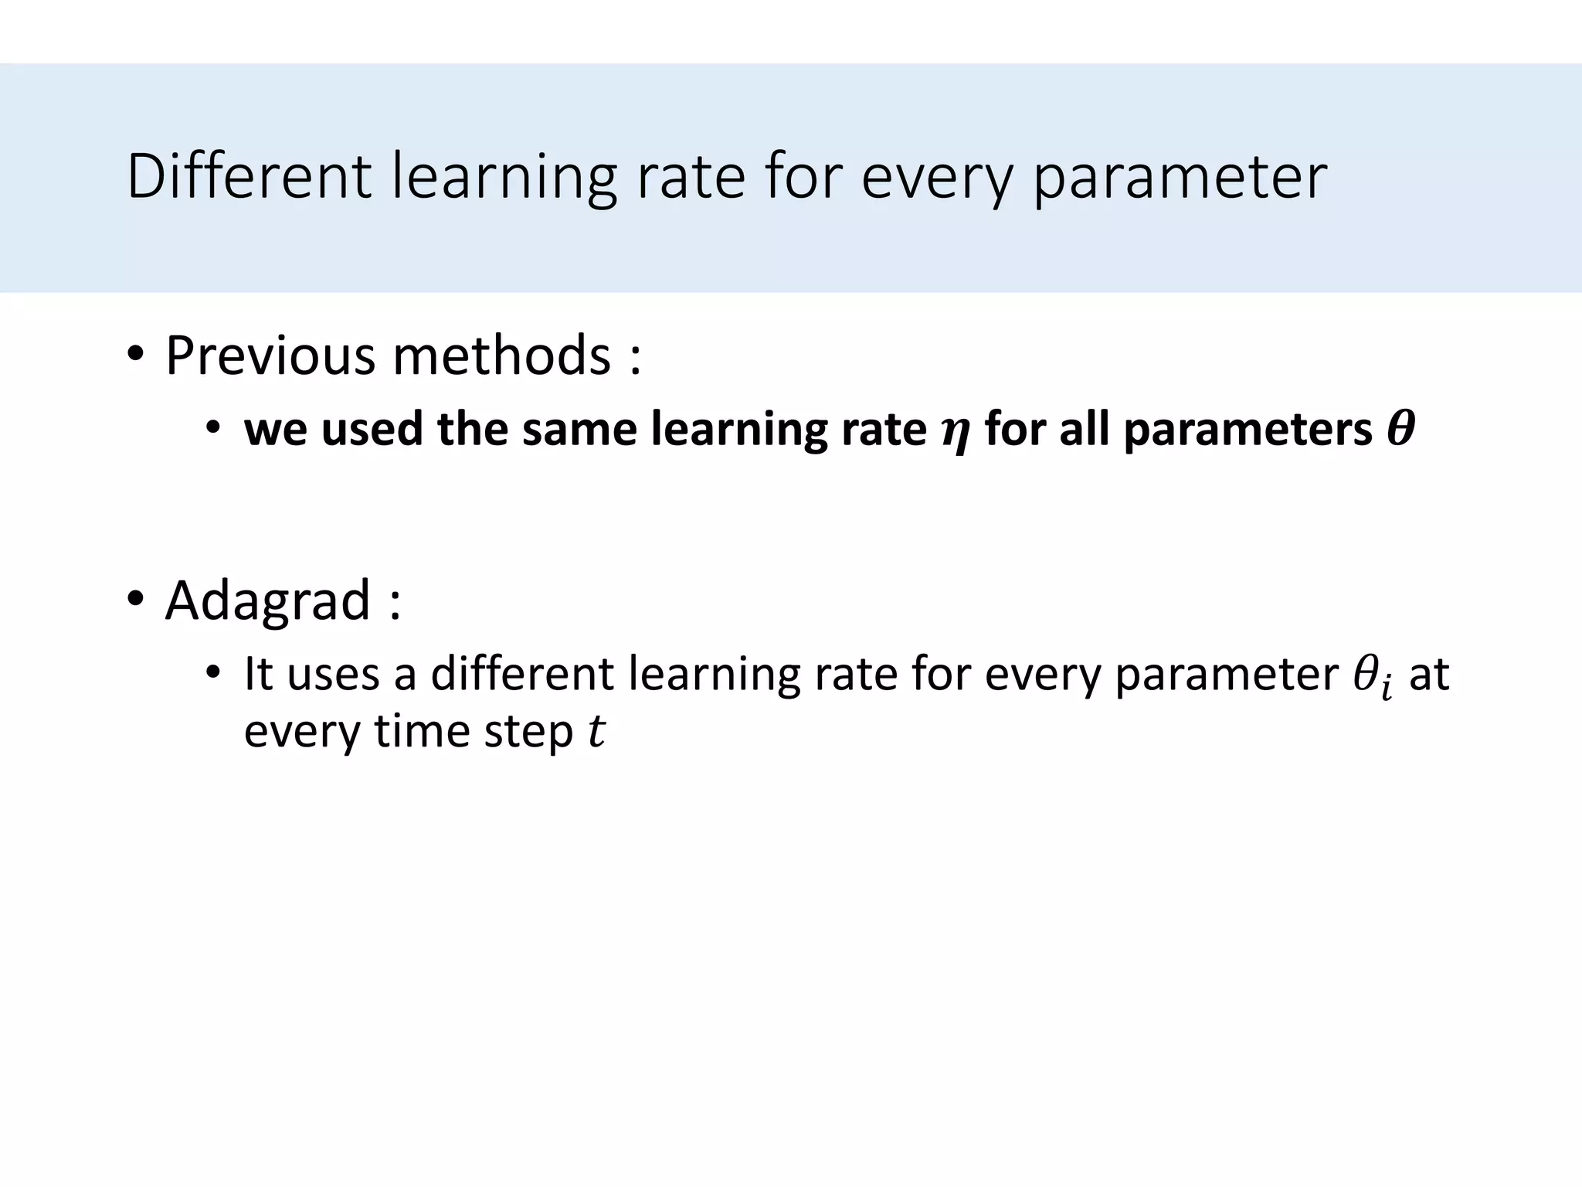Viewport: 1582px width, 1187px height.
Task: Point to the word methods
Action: pos(502,356)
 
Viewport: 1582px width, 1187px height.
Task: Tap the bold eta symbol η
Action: pos(955,433)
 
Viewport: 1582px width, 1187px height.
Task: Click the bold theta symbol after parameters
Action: pos(1400,430)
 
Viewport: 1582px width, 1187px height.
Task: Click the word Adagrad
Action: pos(267,600)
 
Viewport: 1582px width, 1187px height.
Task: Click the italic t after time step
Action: pos(596,731)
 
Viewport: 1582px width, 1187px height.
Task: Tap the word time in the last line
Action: pos(421,731)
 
